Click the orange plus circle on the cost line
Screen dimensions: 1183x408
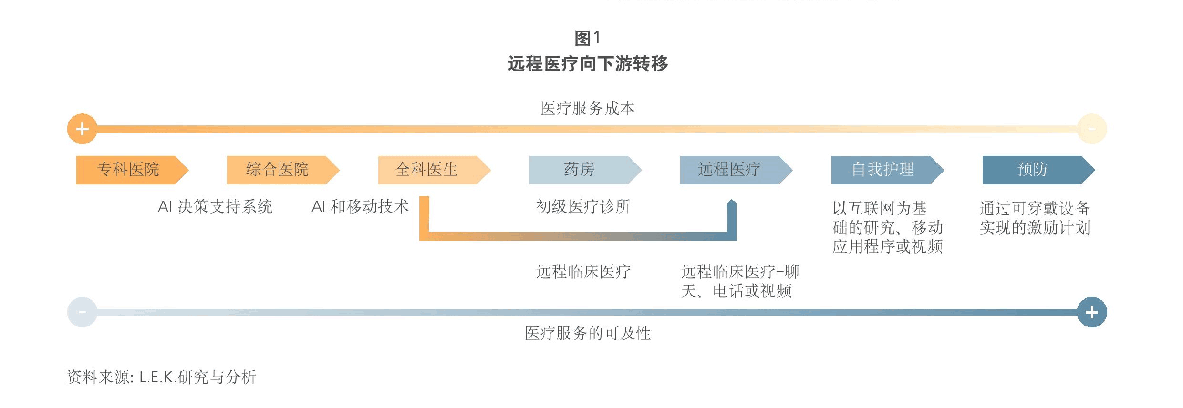82,129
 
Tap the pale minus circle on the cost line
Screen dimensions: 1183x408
1092,129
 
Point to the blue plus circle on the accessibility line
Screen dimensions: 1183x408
1092,312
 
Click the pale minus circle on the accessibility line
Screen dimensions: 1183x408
82,312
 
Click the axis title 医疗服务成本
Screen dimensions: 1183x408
588,108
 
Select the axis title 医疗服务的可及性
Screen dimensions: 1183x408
588,333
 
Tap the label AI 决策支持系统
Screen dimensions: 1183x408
215,206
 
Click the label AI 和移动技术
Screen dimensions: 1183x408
360,206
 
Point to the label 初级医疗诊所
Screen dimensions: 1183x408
583,206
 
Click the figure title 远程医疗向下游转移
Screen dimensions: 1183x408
588,63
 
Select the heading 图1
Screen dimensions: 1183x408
588,38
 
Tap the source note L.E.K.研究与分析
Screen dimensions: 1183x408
198,377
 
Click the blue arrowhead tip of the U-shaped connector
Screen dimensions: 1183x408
732,200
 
